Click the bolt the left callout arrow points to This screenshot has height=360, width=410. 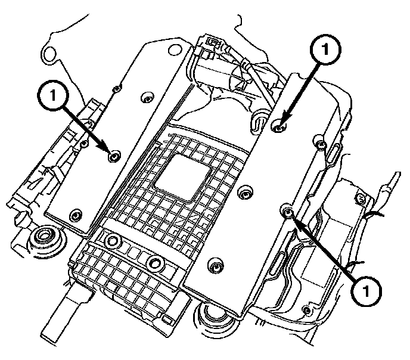point(114,156)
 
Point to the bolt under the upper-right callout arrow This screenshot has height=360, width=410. point(279,126)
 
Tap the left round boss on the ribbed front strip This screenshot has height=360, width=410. point(111,241)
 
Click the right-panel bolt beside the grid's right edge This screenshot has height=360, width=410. point(243,193)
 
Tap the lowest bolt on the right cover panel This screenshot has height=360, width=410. point(213,265)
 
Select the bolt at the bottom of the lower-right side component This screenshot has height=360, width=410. point(306,310)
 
